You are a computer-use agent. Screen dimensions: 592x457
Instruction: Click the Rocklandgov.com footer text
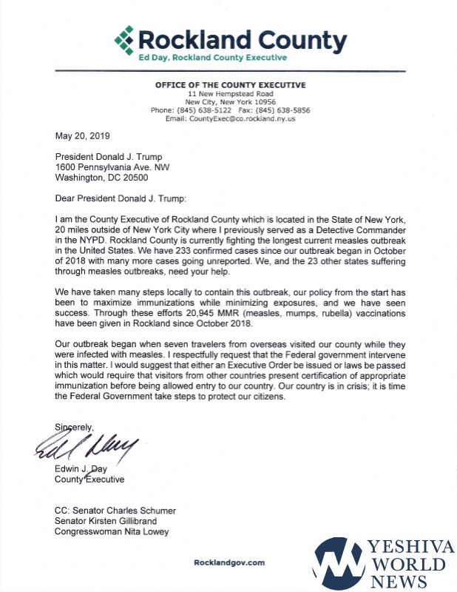coord(229,562)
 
